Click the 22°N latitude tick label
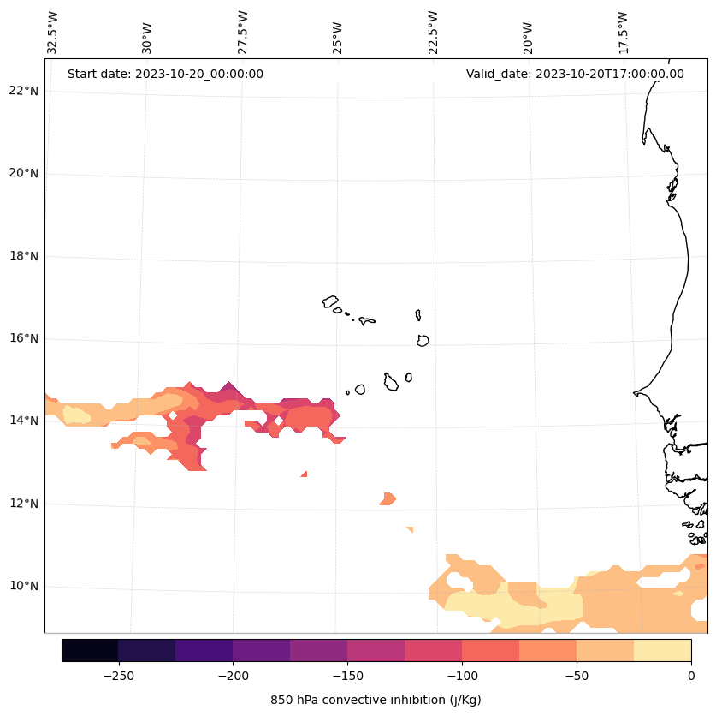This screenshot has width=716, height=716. point(24,91)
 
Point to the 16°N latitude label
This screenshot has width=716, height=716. point(24,338)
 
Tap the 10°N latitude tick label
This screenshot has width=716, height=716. point(24,586)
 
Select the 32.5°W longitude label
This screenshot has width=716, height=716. point(53,33)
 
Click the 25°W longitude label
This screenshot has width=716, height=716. point(337,36)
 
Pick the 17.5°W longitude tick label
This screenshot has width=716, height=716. point(624,33)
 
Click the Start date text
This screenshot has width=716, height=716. point(165,74)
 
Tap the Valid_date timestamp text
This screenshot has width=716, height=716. point(575,74)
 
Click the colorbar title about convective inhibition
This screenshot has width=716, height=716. point(376,700)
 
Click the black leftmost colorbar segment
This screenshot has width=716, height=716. point(90,650)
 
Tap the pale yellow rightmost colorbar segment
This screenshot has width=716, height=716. point(662,650)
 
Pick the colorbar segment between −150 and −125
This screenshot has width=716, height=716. point(376,650)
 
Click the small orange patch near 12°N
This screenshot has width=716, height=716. point(388,498)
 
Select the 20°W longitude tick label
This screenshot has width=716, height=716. point(528,36)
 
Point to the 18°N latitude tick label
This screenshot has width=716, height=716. point(24,256)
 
